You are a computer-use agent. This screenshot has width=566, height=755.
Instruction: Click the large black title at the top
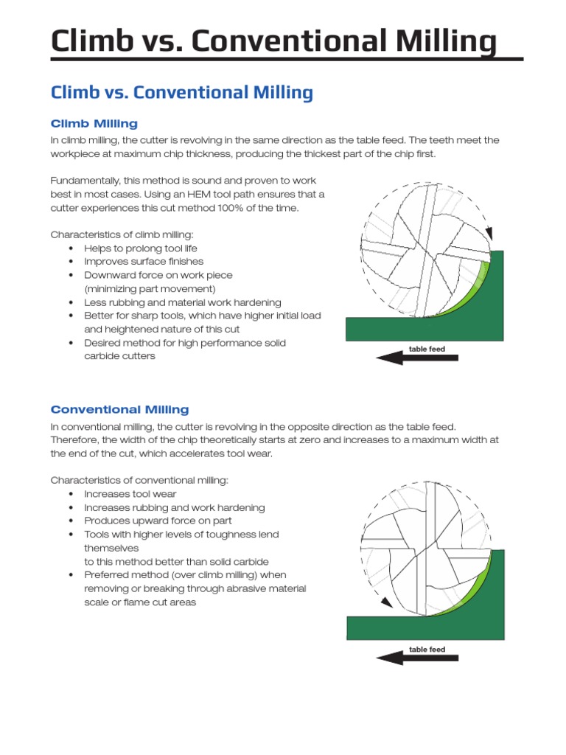273,41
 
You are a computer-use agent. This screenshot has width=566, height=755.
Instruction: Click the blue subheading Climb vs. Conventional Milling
181,93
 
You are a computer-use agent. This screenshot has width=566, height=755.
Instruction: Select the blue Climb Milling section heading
94,124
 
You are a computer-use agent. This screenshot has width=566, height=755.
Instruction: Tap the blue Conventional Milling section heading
119,409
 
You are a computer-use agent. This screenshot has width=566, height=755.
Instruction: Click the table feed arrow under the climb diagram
416,358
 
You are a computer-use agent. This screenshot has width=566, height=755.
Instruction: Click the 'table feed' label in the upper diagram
427,349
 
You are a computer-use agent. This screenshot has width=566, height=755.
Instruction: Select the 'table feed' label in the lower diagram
427,650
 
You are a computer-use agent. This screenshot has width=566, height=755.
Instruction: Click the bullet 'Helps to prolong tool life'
140,248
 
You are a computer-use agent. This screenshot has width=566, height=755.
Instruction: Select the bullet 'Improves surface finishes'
144,262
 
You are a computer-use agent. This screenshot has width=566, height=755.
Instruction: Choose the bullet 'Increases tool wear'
130,494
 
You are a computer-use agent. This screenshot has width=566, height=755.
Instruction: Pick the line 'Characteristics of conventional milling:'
139,480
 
